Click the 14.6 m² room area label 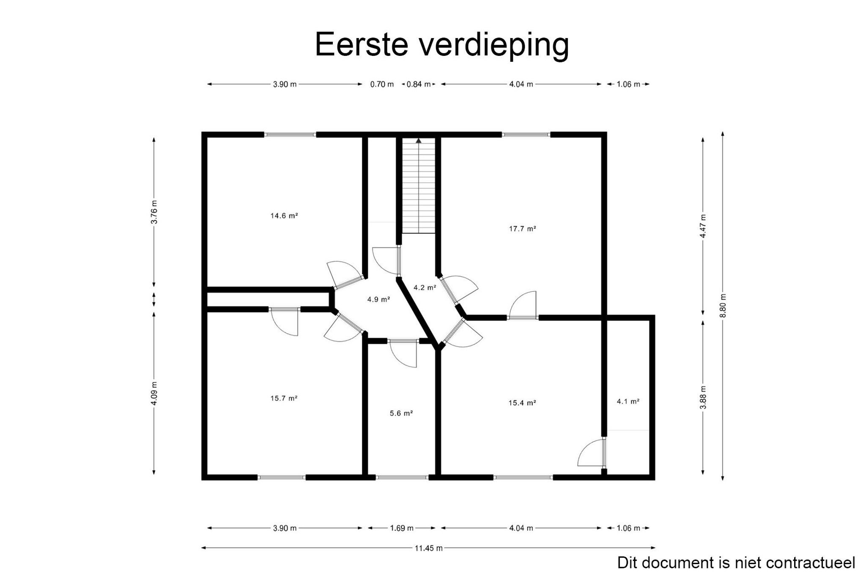click(x=284, y=216)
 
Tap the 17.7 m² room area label click(x=522, y=229)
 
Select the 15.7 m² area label click(x=284, y=398)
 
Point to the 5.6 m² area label click(x=401, y=414)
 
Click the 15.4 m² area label click(x=522, y=403)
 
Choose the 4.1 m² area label click(x=628, y=402)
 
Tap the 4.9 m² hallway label click(x=378, y=299)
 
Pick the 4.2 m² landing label click(x=425, y=288)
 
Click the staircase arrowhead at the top click(x=419, y=140)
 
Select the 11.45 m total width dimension click(x=428, y=548)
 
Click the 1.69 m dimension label click(x=401, y=528)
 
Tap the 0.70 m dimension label click(x=382, y=84)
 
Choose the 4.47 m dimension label click(x=703, y=226)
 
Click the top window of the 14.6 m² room click(x=290, y=135)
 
